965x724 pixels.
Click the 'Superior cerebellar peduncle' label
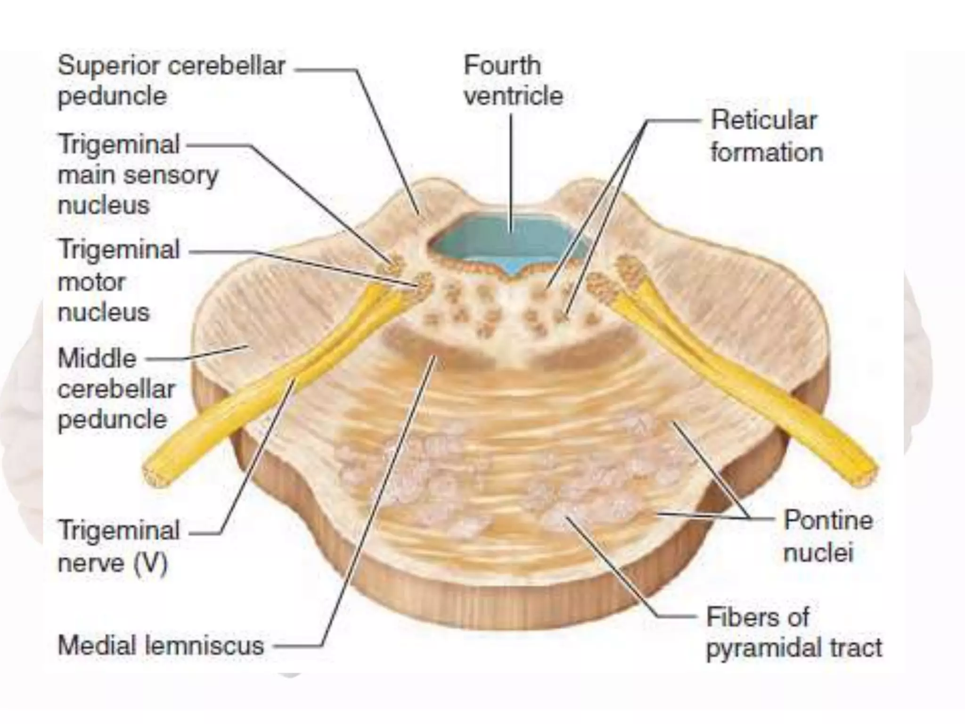click(171, 81)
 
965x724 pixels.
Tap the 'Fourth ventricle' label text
click(513, 81)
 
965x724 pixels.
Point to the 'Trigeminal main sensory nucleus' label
click(138, 174)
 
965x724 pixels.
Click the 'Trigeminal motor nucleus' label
click(119, 281)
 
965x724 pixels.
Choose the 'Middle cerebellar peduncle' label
click(116, 389)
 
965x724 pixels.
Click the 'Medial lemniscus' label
click(161, 645)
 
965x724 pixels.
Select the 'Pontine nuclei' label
click(827, 536)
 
